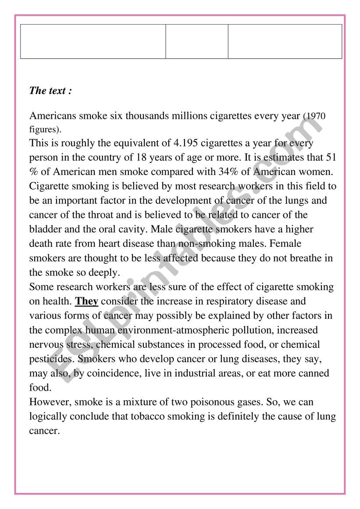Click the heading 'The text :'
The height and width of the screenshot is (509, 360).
pos(50,91)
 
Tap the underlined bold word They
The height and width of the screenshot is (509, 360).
pos(87,302)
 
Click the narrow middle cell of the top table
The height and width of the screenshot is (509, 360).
pos(196,41)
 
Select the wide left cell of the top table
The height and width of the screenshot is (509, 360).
pos(93,41)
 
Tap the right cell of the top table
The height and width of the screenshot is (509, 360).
pos(285,41)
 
